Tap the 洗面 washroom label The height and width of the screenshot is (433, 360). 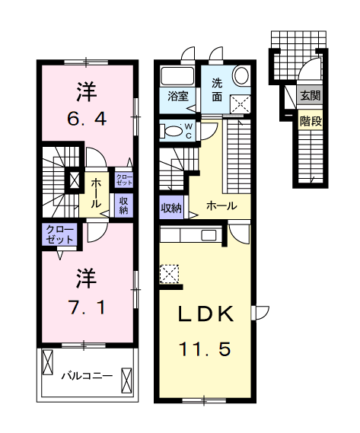(x=217, y=90)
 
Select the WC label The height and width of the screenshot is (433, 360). (x=189, y=131)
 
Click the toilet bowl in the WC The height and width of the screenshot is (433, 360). (x=172, y=131)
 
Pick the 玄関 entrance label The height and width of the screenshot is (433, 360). (x=309, y=96)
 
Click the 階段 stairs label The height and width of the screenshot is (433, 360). (x=309, y=119)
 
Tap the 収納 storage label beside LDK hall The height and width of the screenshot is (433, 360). (x=171, y=207)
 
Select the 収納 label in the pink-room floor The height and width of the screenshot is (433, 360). (x=123, y=204)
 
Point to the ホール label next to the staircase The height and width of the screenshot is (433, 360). (x=221, y=205)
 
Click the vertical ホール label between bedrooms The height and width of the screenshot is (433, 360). (x=97, y=193)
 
